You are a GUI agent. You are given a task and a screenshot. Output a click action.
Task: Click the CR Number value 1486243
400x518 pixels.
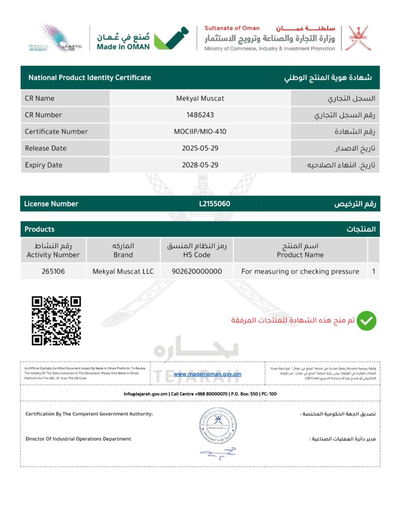200,115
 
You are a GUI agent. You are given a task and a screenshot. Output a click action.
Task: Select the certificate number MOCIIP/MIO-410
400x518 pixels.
200,132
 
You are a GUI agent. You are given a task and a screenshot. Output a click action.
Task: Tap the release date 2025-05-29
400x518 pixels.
200,148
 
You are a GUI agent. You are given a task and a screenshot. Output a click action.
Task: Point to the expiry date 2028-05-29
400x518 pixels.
200,165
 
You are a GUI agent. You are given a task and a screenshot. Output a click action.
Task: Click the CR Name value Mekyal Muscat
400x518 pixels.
200,98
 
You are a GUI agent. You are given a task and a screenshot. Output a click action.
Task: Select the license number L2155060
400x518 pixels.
215,204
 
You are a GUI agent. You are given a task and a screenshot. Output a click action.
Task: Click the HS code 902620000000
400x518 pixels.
197,272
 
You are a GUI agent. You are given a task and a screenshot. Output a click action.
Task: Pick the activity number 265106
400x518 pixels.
53,272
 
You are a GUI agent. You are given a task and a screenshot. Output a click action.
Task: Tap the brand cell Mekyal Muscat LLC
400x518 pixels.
123,272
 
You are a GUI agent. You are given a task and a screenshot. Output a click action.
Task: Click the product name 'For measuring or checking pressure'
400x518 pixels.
300,272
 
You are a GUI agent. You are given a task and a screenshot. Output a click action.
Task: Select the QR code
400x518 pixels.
56,321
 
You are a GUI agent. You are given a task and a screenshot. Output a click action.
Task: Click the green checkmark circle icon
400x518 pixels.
367,321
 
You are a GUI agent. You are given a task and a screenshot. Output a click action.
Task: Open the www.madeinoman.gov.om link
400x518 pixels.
207,374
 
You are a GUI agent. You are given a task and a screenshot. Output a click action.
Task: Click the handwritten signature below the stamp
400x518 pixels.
217,453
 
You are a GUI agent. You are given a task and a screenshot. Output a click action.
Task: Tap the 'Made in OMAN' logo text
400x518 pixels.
123,47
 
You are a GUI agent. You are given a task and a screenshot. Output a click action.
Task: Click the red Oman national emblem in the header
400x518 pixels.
358,38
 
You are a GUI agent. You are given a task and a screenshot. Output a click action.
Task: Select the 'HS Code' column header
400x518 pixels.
197,255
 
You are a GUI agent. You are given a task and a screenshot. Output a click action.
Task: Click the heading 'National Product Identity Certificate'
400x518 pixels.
90,78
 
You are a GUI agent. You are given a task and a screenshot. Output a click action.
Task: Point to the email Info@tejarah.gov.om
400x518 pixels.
146,394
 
